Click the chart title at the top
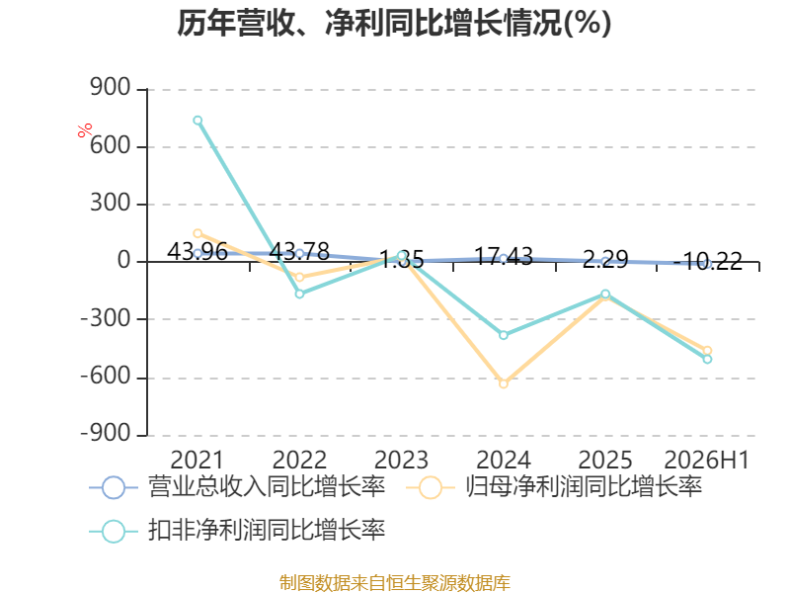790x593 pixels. click(x=394, y=23)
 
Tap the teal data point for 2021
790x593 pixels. click(x=197, y=120)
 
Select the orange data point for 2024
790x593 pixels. click(x=504, y=383)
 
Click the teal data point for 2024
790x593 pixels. click(x=504, y=335)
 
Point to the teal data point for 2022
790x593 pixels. click(x=300, y=294)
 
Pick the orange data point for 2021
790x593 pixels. click(x=197, y=233)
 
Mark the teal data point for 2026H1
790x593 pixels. click(x=707, y=359)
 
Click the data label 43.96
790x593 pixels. click(x=197, y=251)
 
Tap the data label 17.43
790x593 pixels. click(x=504, y=256)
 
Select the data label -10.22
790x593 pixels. click(x=707, y=261)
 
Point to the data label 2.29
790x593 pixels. click(x=605, y=259)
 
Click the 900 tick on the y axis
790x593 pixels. click(x=111, y=88)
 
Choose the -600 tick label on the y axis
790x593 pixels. click(x=106, y=377)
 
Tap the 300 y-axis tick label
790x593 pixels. click(x=111, y=204)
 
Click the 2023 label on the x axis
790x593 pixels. click(x=401, y=460)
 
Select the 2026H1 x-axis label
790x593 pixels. click(x=707, y=460)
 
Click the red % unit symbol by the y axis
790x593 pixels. click(x=85, y=129)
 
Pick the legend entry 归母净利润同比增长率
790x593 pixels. click(x=554, y=487)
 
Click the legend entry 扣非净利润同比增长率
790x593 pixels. click(x=237, y=531)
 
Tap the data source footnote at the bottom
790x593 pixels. click(x=395, y=583)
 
